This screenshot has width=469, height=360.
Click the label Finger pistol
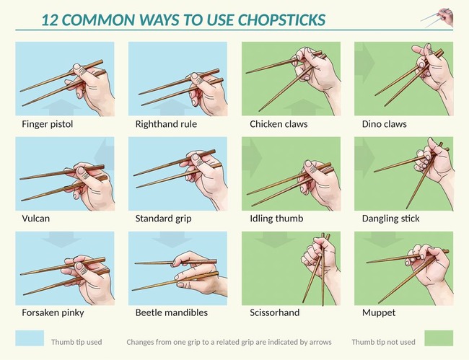(x=47, y=124)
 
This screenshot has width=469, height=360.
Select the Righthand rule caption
(x=166, y=124)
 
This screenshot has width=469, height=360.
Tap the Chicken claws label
(x=279, y=124)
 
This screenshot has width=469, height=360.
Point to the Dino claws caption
(x=384, y=124)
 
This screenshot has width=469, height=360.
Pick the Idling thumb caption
(x=276, y=218)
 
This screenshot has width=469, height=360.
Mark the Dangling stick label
(x=390, y=218)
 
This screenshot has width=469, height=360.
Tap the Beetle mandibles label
(x=171, y=313)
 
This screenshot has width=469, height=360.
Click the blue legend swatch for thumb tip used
(x=30, y=338)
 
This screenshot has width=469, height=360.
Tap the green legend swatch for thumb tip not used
(x=439, y=338)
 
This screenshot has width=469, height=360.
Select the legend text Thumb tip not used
(x=383, y=342)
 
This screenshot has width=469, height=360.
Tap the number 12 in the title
(x=50, y=19)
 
